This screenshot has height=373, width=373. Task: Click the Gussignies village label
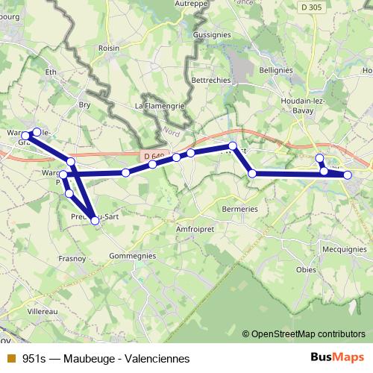click(x=212, y=35)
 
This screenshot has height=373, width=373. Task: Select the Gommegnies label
click(x=132, y=255)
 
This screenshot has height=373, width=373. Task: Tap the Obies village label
click(x=306, y=269)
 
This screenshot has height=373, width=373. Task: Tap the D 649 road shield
click(x=153, y=157)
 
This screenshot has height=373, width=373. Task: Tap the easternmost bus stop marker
click(x=348, y=176)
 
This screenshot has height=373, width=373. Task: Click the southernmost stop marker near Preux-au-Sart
click(x=95, y=219)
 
